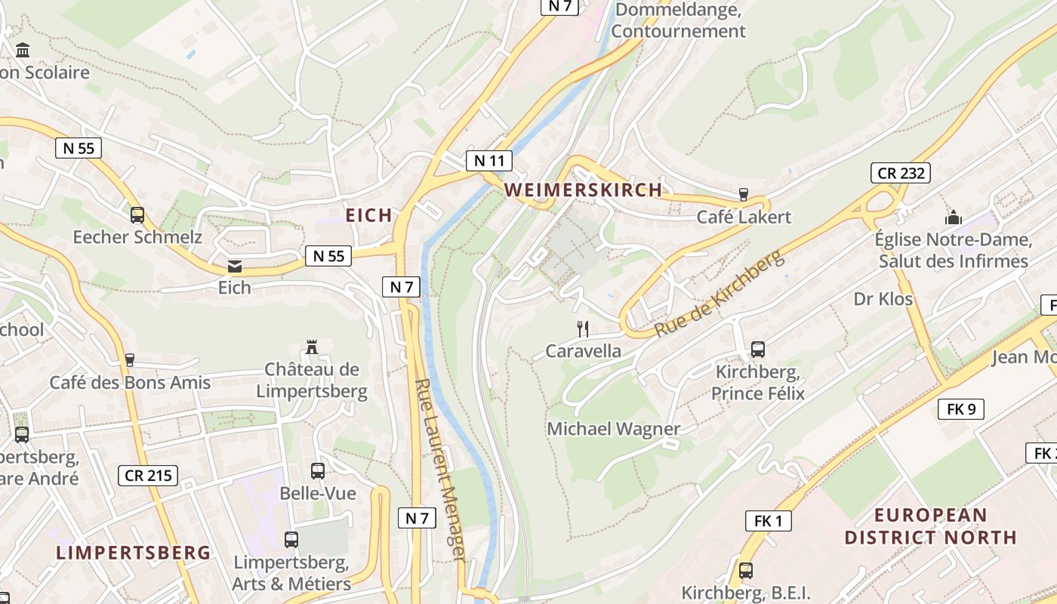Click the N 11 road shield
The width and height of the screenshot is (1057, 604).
coord(489,161)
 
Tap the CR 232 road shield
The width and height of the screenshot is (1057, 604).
coord(900,173)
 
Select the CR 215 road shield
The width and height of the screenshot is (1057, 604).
coord(148,476)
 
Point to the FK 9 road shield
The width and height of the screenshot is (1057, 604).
coord(961,410)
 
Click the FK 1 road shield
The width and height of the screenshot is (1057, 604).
coord(769,520)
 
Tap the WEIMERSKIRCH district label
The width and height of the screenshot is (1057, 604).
coord(584,190)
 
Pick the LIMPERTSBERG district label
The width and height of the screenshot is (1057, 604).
coord(134,553)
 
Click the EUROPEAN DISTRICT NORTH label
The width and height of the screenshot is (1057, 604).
coord(930,527)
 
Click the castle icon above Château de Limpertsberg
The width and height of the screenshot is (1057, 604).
coord(311,347)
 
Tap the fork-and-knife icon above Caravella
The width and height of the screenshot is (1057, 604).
coord(583,329)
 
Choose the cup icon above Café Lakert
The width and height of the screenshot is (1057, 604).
coord(744,195)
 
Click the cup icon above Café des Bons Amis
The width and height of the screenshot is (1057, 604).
coord(129,360)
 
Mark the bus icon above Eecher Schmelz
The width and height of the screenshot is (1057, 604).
coord(137,215)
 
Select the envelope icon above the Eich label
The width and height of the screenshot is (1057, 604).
coord(234,267)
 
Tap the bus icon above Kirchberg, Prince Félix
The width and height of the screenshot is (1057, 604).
coord(758,350)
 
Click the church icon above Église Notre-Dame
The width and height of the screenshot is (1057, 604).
coord(954,218)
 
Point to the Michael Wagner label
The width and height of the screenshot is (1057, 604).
coord(614,429)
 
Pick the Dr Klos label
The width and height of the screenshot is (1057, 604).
coord(883,299)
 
